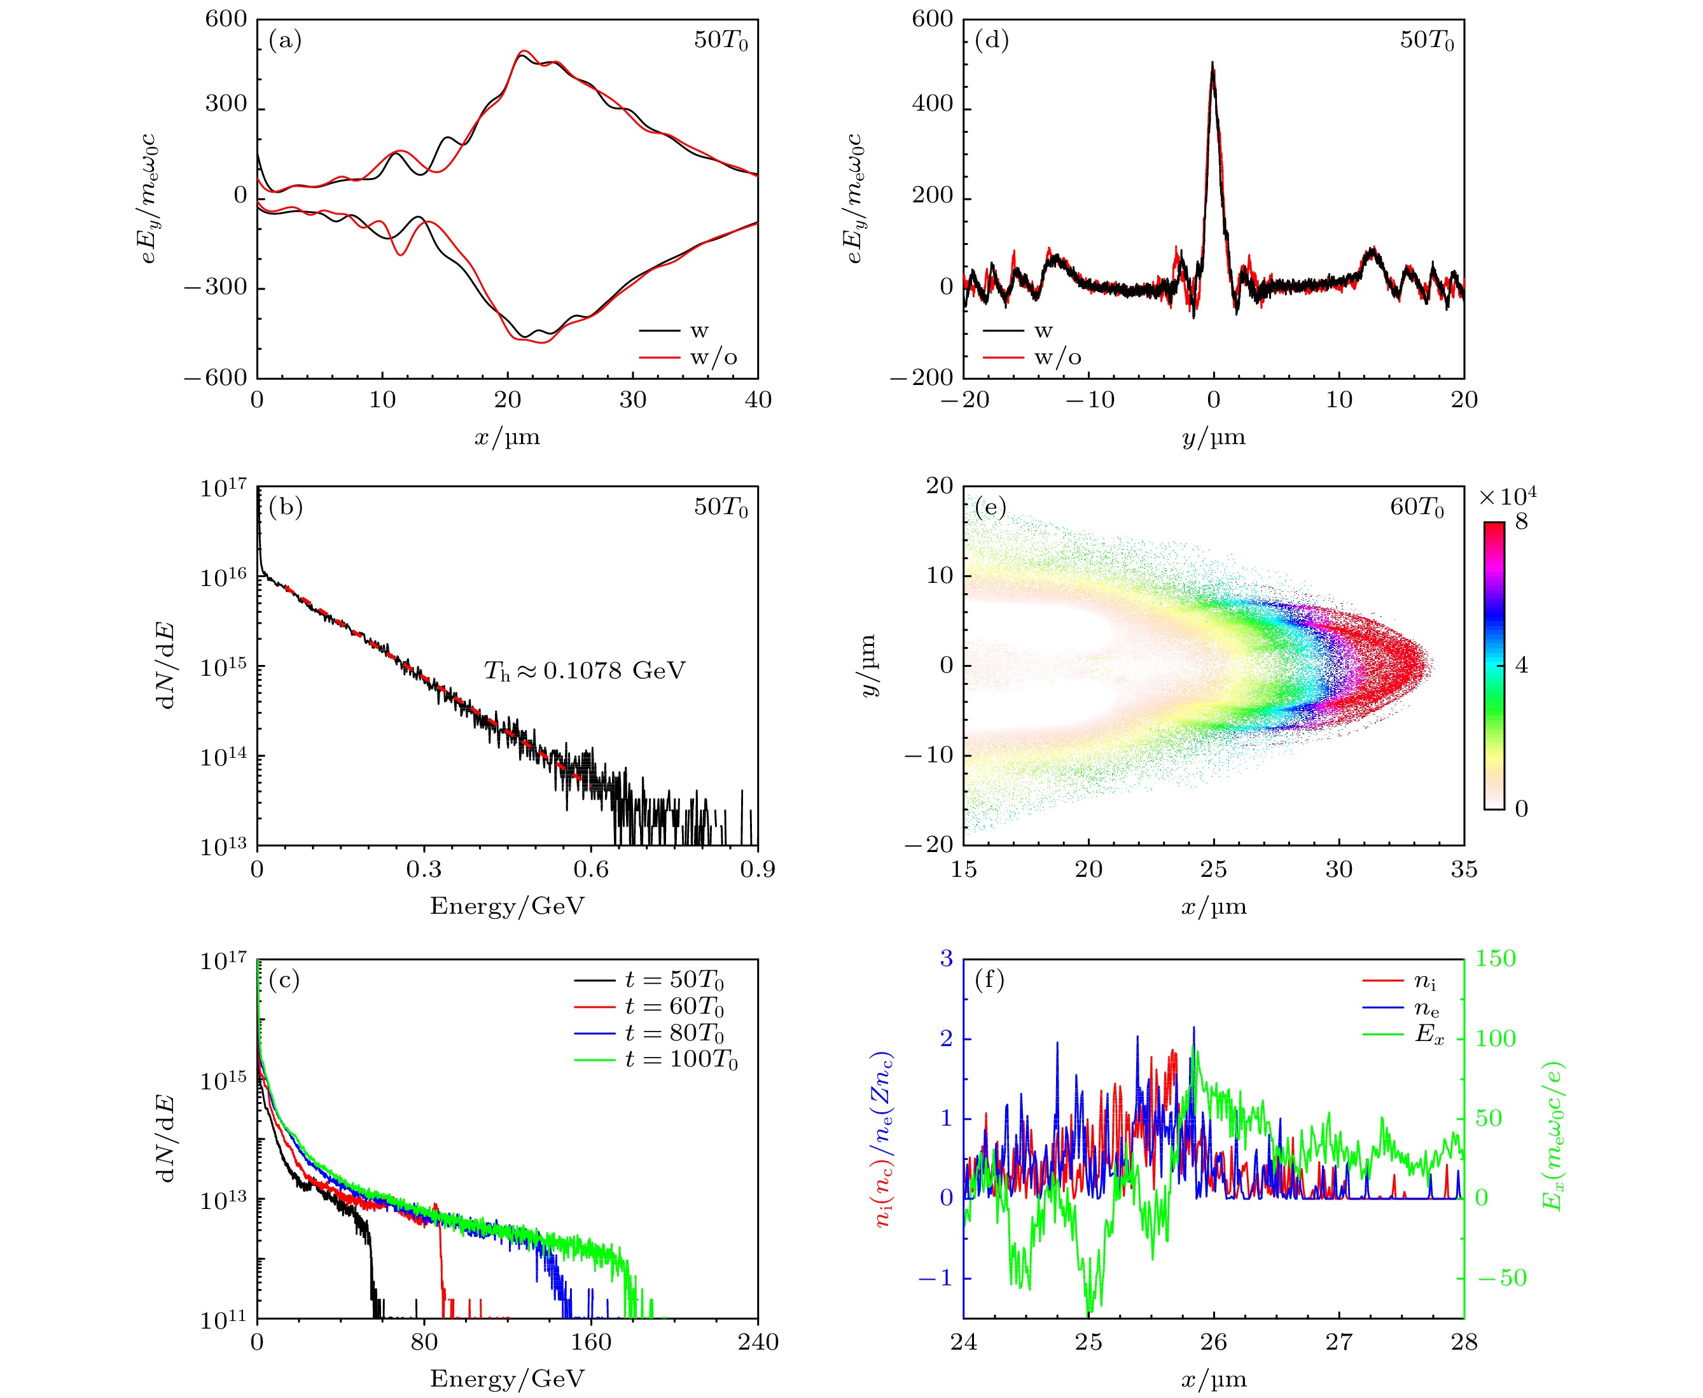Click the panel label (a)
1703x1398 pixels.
pos(285,40)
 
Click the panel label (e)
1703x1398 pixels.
pos(991,508)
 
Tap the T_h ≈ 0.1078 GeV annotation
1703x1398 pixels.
pos(585,671)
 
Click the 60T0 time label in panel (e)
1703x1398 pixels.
pos(1417,508)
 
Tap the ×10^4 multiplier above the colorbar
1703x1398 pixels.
pos(1507,496)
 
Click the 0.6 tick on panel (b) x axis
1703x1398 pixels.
pos(591,870)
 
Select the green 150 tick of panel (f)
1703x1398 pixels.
pos(1495,959)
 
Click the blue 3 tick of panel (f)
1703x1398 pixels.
pos(946,959)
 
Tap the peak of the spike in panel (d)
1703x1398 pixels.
pos(1212,64)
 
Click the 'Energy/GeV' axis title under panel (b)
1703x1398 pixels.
pos(507,906)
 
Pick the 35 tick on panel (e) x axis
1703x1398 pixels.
pos(1464,870)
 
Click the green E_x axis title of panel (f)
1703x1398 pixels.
pos(1552,1135)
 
